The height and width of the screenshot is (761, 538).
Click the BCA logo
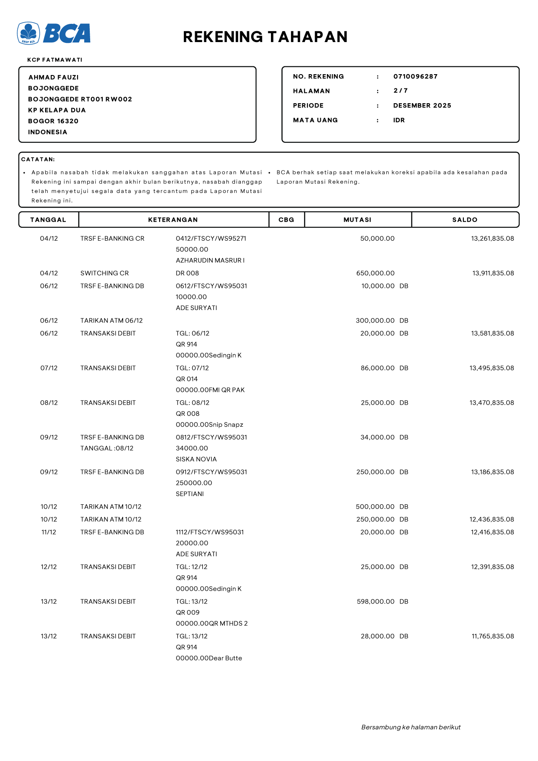point(54,33)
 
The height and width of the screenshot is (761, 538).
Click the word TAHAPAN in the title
point(307,37)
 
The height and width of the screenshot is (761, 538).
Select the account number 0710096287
point(415,76)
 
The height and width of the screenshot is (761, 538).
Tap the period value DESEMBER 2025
point(422,105)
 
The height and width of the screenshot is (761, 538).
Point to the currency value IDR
point(399,120)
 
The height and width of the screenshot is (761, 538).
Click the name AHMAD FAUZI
point(53,77)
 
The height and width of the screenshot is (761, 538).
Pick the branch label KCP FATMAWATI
point(55,60)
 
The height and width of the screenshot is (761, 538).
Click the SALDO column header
point(465,220)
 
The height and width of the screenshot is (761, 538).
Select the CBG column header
point(286,220)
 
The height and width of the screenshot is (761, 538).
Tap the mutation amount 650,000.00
point(375,273)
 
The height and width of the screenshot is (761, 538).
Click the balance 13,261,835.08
point(492,238)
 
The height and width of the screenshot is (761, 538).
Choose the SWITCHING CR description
point(104,273)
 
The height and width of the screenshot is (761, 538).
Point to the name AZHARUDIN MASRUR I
point(210,260)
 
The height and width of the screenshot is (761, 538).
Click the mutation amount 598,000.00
point(375,601)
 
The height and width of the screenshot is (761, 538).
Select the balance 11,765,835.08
point(492,636)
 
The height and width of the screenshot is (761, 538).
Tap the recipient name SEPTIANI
point(190,494)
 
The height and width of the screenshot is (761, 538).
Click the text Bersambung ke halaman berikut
point(411,727)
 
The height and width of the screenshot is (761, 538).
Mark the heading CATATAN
point(38,160)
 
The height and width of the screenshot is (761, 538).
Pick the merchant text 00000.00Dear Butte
point(209,658)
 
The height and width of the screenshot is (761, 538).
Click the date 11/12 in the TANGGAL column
point(49,532)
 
